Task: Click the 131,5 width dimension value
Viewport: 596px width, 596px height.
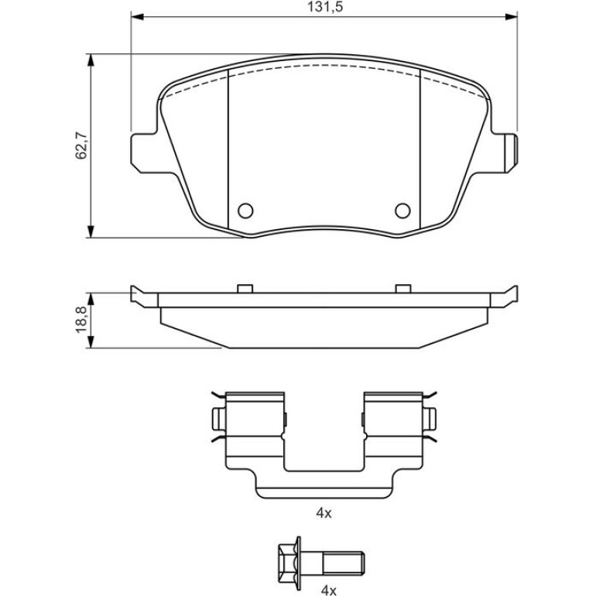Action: [x=325, y=7]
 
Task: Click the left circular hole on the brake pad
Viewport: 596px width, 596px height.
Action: [x=245, y=211]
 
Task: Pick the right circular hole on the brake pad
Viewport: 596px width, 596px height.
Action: [x=403, y=211]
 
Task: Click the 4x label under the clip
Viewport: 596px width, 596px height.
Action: [x=324, y=513]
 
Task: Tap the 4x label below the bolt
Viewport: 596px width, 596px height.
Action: [x=329, y=591]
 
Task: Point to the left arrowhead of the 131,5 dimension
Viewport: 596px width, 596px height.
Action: [x=138, y=16]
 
